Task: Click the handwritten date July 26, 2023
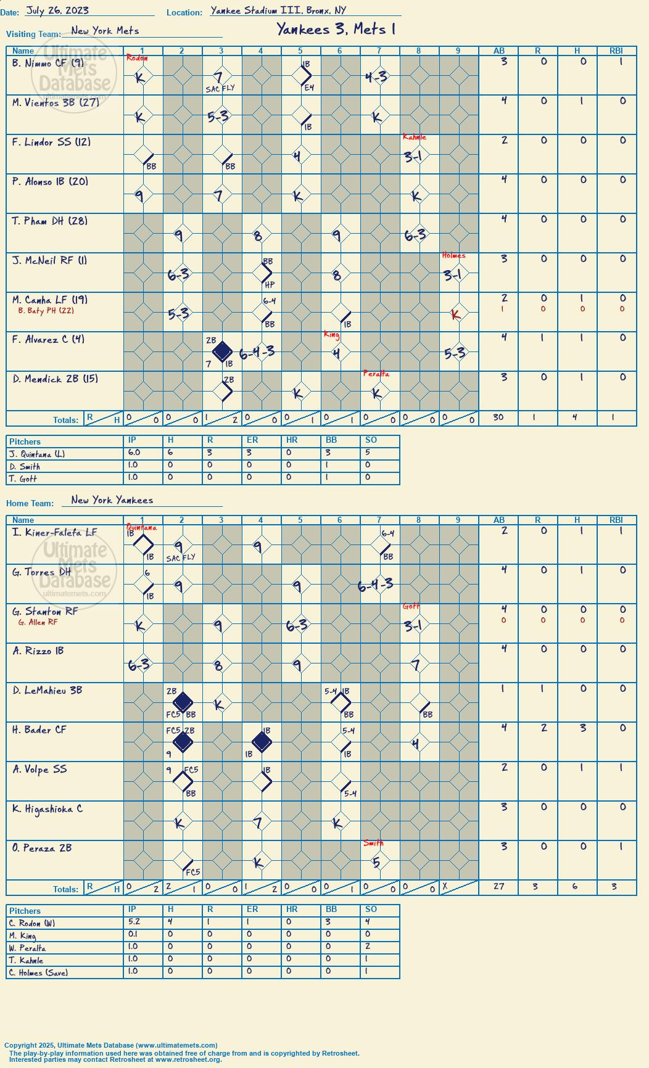click(57, 10)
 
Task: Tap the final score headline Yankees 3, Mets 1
click(336, 29)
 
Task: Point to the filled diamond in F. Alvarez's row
click(222, 352)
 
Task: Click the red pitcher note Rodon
click(137, 58)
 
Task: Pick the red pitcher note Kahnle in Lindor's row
click(415, 137)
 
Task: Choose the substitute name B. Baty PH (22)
click(46, 311)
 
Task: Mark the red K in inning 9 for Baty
click(456, 314)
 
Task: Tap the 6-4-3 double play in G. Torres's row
click(376, 585)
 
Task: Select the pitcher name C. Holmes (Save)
click(38, 973)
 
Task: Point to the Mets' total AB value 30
click(498, 417)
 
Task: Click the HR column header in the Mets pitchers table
click(292, 440)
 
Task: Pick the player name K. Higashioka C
click(48, 809)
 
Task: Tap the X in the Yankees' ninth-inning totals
click(445, 886)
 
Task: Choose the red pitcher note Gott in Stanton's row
click(411, 606)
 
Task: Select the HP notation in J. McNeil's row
click(270, 285)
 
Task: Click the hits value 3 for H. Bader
click(583, 728)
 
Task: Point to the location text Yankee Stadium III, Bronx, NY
click(278, 10)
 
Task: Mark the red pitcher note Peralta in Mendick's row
click(376, 374)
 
